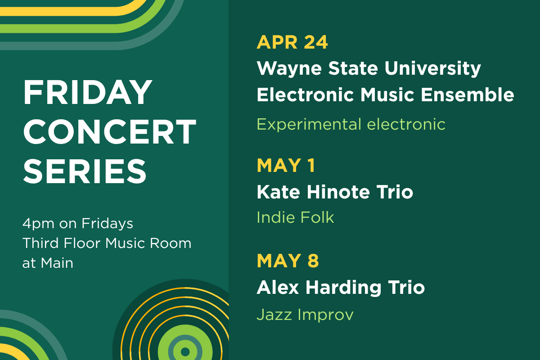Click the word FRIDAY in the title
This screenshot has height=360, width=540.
88,92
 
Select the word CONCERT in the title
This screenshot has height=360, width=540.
109,131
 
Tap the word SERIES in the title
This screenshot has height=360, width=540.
85,171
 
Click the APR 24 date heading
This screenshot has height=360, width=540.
292,42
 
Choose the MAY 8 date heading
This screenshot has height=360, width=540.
288,261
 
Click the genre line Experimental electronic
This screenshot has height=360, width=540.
351,124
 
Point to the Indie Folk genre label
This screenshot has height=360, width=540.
295,218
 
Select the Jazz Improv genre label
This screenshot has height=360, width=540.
305,315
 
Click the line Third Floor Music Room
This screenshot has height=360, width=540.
107,243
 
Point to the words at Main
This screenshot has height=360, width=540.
48,263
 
